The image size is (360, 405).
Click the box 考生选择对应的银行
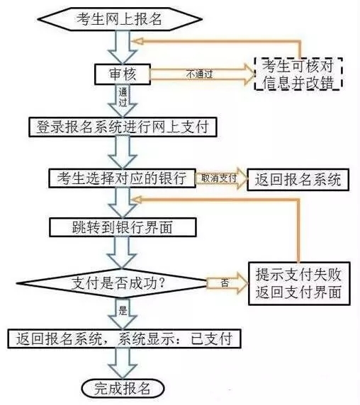121,178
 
